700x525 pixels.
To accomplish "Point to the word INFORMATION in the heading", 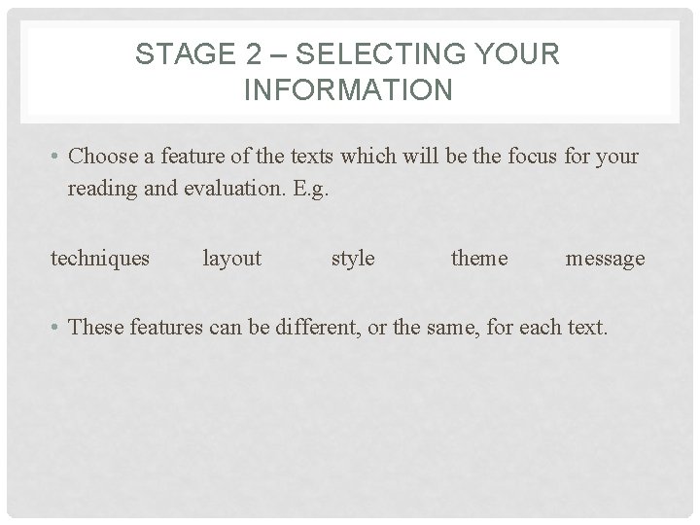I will [x=349, y=90].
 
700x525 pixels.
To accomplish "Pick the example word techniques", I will [x=100, y=258].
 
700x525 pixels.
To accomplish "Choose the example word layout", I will [x=231, y=258].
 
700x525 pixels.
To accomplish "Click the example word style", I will [x=353, y=258].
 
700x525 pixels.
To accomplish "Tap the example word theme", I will [x=479, y=258].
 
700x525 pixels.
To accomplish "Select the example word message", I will [x=605, y=258].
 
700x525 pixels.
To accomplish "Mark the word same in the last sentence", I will [x=450, y=328].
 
